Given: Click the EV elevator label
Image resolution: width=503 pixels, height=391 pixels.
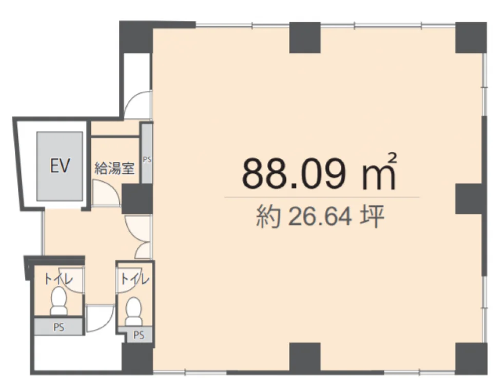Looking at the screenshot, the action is click(x=60, y=166).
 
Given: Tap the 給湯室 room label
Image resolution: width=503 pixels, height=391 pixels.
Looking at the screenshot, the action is click(x=114, y=168).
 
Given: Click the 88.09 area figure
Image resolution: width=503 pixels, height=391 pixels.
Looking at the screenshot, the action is click(x=294, y=173).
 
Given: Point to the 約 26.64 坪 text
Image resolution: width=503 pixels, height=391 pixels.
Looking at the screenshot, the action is click(x=320, y=217).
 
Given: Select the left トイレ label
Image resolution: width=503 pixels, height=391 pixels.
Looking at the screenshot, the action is click(x=59, y=279).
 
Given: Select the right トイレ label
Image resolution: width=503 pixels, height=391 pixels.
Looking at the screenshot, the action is click(x=135, y=279).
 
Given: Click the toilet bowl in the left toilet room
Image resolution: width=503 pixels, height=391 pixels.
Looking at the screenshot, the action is click(x=59, y=301).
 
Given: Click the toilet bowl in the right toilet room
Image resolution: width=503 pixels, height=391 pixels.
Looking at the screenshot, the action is click(x=134, y=311).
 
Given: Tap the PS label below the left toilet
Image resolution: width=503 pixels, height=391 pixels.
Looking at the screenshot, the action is click(x=59, y=327).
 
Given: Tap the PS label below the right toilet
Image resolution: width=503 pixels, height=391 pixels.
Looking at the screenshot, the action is click(x=139, y=335).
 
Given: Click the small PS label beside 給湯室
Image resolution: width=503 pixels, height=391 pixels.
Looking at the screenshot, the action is click(x=147, y=159).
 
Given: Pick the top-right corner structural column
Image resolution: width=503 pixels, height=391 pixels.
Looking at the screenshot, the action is click(x=471, y=37).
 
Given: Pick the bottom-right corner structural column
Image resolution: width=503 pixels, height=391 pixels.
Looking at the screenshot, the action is click(x=471, y=359).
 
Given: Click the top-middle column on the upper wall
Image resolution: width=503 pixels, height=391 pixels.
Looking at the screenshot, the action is click(x=305, y=37).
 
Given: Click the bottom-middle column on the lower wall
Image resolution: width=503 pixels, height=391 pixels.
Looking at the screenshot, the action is click(x=305, y=358).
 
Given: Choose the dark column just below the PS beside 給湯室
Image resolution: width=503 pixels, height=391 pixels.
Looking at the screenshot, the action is click(x=137, y=199).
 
